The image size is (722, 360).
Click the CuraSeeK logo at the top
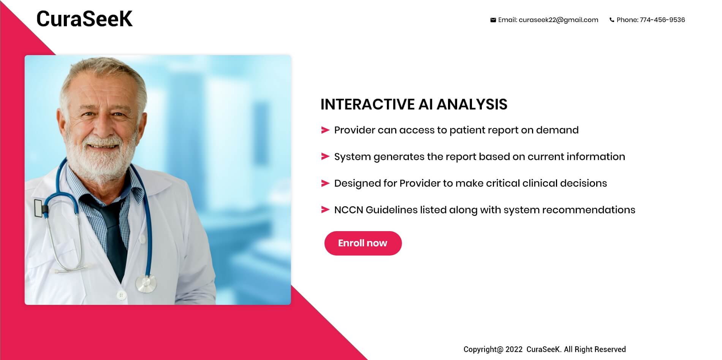click(84, 19)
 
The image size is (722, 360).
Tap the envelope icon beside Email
click(493, 20)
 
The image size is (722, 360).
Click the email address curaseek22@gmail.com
click(558, 20)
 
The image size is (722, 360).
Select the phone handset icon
click(612, 20)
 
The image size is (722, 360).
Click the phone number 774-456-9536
click(662, 20)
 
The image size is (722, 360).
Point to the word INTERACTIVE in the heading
click(367, 104)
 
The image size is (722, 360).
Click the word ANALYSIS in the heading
click(472, 104)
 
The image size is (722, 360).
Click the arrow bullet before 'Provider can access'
click(325, 130)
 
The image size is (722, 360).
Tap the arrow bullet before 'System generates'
click(325, 157)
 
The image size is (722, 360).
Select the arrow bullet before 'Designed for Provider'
click(325, 183)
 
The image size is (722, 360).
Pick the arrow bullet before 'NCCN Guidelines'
click(325, 210)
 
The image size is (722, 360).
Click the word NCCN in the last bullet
click(348, 210)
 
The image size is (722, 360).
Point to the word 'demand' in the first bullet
click(557, 130)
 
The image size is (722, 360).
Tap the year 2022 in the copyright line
click(514, 349)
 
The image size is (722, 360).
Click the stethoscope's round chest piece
click(146, 284)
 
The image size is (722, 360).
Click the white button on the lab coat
click(121, 295)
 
